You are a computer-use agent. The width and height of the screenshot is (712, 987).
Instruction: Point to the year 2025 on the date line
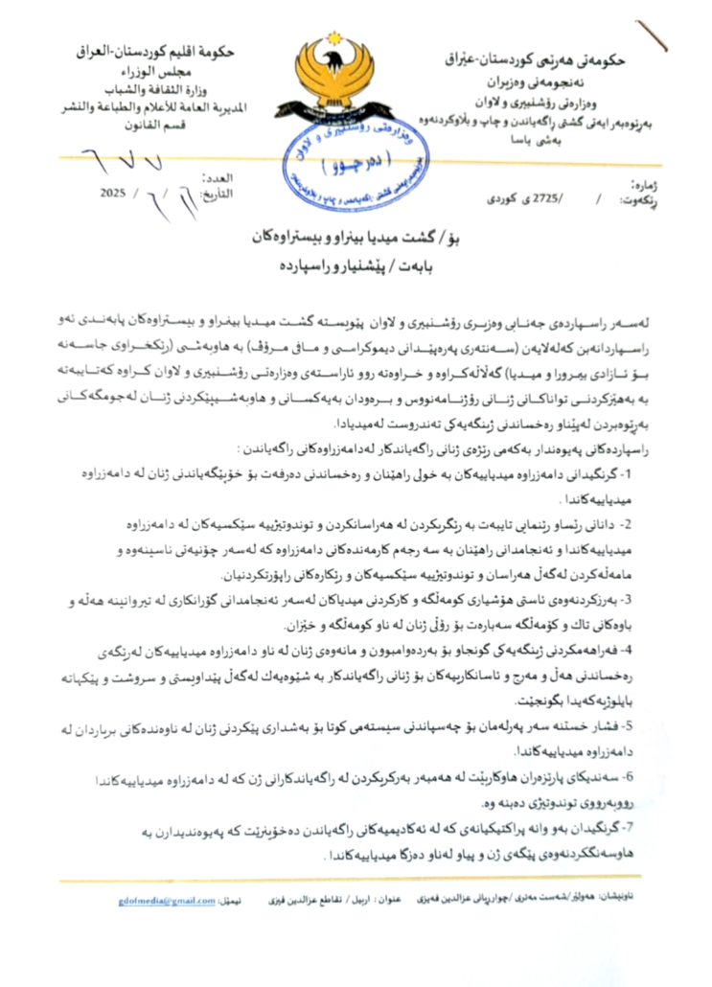pos(113,193)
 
